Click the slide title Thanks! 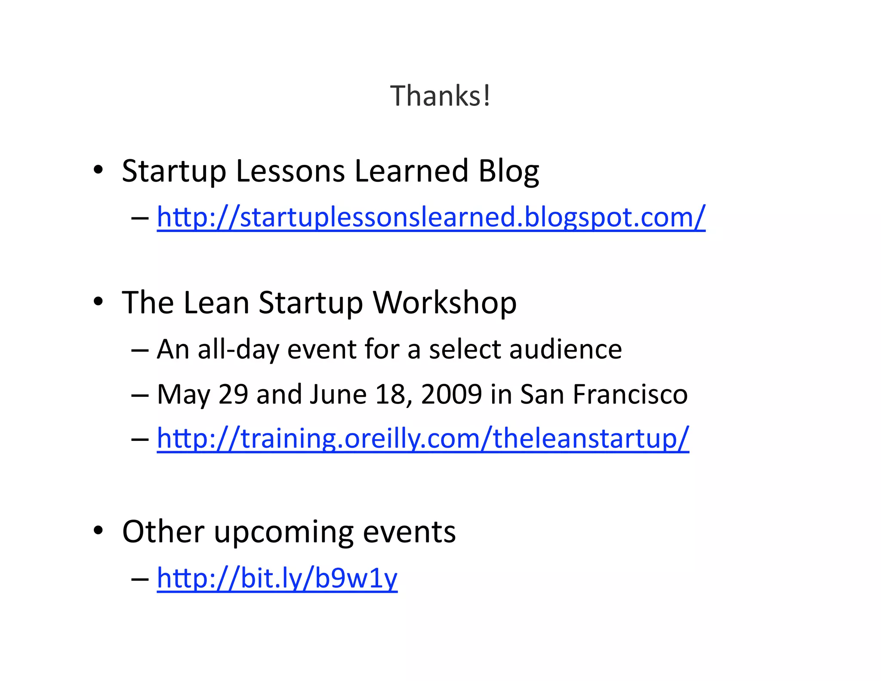(440, 96)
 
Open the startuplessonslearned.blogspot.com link (431, 217)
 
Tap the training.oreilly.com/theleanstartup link (423, 438)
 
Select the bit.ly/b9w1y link (277, 578)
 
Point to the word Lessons (290, 171)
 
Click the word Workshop (444, 303)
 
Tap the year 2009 (451, 394)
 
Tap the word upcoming (283, 532)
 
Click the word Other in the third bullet (163, 532)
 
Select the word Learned (411, 171)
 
